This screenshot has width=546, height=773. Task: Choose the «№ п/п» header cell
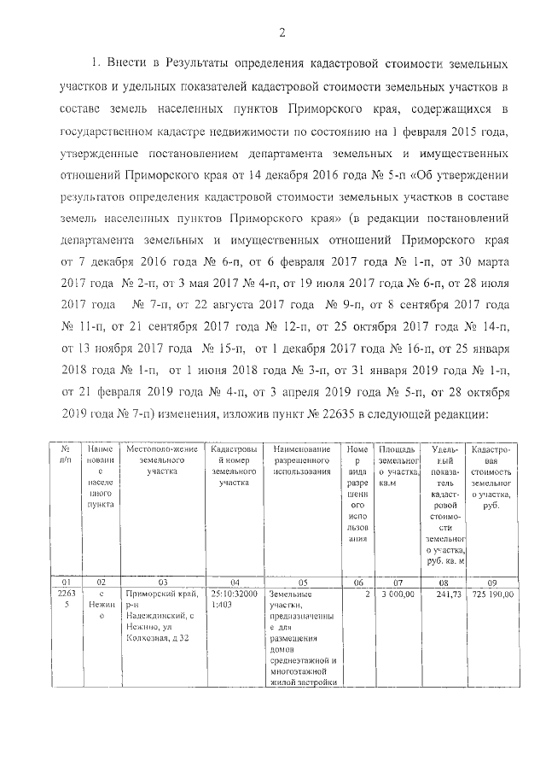(x=65, y=454)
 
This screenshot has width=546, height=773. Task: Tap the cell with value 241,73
(x=448, y=593)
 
